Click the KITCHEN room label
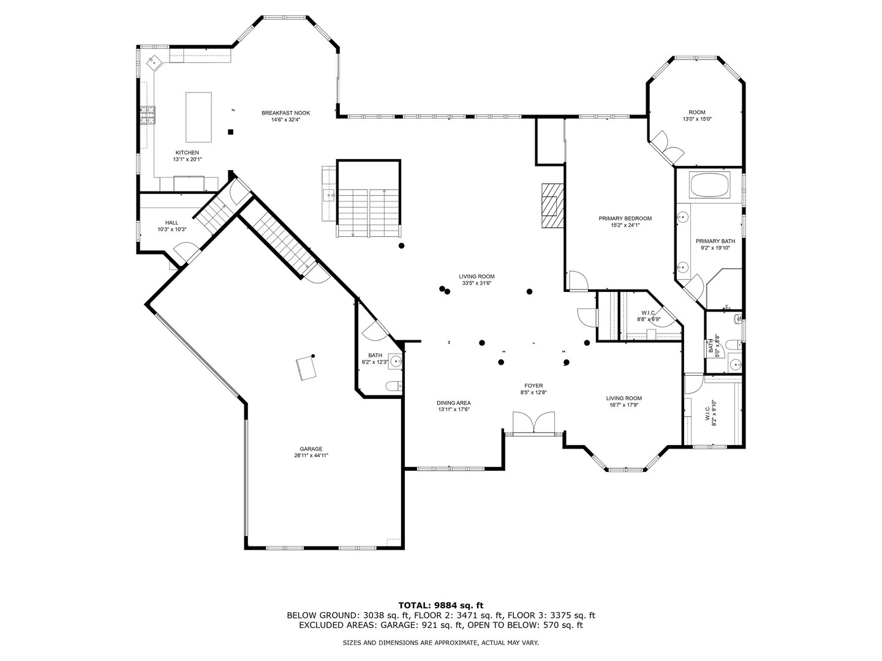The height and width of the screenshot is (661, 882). [187, 152]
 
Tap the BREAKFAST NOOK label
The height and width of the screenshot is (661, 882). [285, 113]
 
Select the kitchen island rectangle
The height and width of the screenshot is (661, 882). [198, 116]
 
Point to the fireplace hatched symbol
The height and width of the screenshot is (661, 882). [550, 205]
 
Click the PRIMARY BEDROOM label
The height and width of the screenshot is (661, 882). [625, 218]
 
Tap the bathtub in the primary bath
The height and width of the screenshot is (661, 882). [710, 185]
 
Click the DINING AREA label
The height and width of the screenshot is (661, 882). [453, 403]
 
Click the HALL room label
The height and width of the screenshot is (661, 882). [171, 223]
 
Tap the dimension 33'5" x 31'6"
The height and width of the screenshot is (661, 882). [477, 283]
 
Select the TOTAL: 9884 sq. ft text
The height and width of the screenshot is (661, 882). [440, 605]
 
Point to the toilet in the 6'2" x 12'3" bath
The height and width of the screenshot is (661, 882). [393, 386]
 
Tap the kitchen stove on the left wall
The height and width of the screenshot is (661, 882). [148, 115]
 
